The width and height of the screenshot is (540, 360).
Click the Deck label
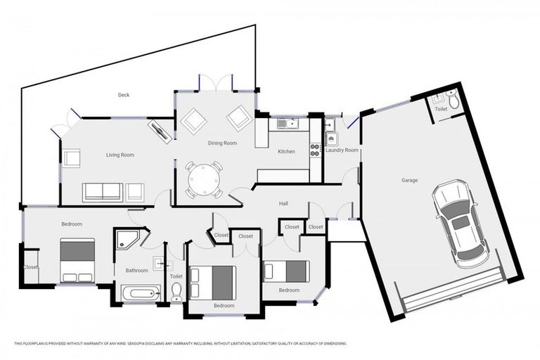124,95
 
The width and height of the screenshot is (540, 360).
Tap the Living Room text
120,155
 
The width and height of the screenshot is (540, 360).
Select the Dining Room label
222,143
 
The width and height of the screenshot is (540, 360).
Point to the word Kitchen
286,152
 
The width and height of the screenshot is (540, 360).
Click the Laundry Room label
342,150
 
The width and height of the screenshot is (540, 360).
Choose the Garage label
409,181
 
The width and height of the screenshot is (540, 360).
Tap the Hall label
283,204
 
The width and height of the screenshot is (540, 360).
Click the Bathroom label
137,270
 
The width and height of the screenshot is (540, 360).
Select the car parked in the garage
459,223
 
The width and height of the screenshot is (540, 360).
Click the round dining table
204,180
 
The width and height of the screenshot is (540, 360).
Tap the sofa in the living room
103,192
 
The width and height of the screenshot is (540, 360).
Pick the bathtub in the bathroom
141,292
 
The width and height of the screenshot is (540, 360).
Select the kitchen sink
288,124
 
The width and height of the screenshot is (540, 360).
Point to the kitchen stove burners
316,149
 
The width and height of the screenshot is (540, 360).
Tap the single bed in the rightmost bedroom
286,271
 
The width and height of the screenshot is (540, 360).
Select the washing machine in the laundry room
332,139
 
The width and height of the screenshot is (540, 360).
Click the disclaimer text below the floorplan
181,343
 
